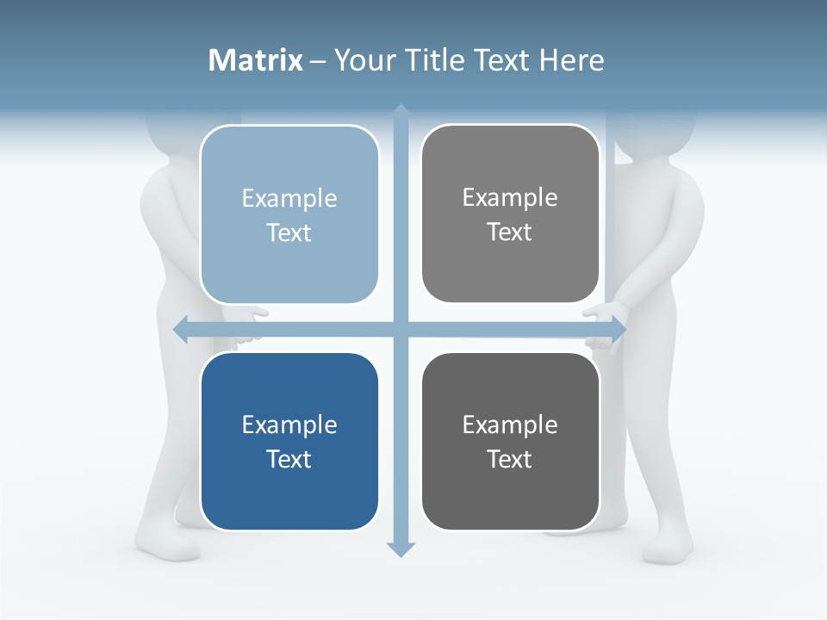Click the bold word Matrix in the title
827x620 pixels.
[x=256, y=60]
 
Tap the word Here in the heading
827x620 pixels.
[x=571, y=60]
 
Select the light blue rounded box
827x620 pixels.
[x=289, y=214]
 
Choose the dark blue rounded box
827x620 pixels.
[x=289, y=442]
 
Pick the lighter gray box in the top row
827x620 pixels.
[x=510, y=214]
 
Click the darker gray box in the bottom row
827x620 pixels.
[x=510, y=442]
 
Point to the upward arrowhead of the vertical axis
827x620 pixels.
[x=401, y=111]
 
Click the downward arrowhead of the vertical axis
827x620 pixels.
[x=401, y=549]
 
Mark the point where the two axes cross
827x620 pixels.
[x=401, y=329]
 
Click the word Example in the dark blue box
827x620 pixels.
[x=289, y=425]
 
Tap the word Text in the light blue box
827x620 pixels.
[x=289, y=232]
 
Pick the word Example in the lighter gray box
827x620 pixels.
[x=510, y=198]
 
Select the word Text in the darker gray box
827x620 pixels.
[x=510, y=459]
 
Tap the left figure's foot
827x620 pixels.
[x=164, y=542]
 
